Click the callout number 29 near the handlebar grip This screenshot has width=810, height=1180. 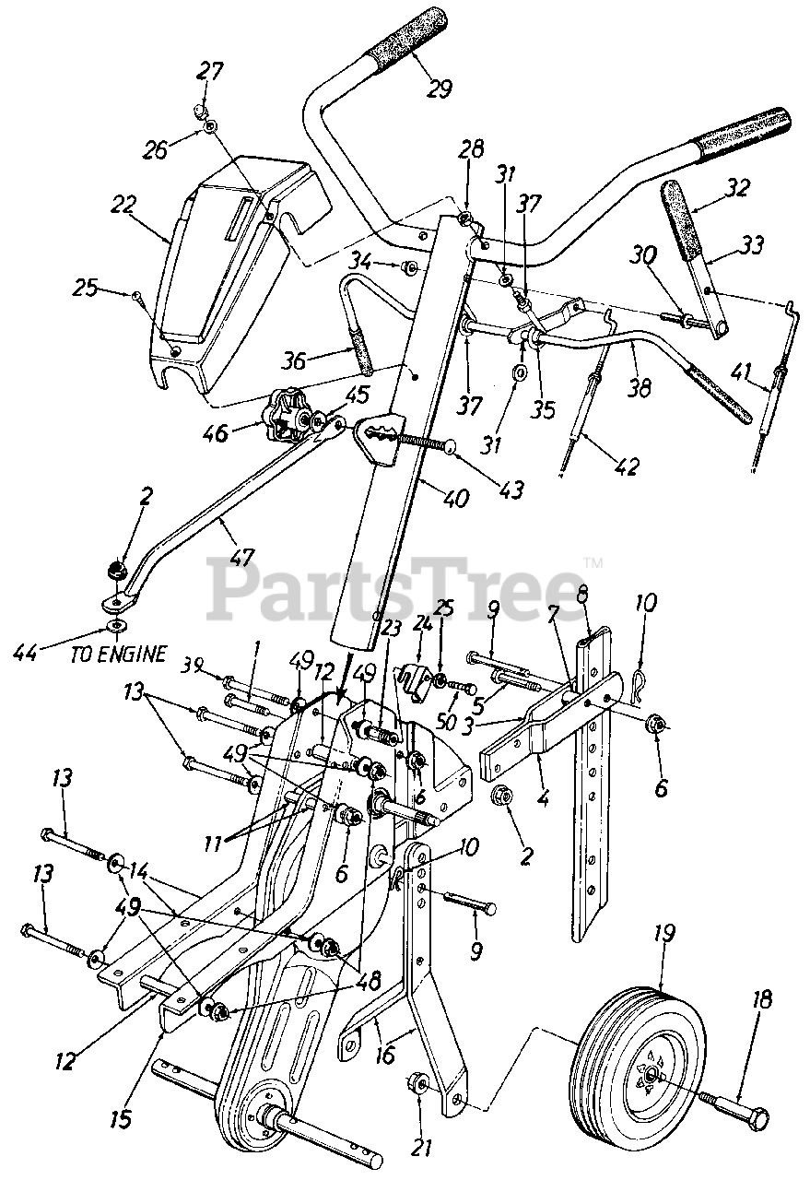click(x=440, y=88)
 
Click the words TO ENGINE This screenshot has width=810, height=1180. click(x=119, y=654)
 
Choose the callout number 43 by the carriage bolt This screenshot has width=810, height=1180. click(x=510, y=490)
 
